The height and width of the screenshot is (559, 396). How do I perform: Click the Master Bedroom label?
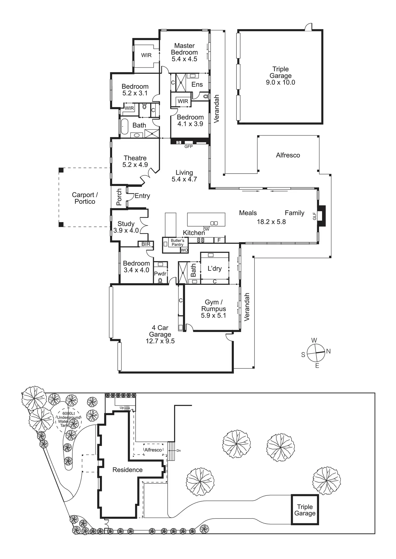pos(184,49)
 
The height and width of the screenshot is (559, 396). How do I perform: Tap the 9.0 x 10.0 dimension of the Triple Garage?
pos(280,83)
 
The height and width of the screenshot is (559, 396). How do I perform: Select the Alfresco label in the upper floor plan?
pos(288,155)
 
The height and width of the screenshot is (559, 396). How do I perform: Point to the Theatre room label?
pos(135,158)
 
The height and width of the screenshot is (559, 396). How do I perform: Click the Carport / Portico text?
pos(85,198)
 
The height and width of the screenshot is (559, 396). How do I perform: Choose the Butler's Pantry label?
pos(178,243)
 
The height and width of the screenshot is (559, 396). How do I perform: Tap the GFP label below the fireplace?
pos(188,147)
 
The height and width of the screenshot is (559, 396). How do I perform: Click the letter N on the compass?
pos(328,351)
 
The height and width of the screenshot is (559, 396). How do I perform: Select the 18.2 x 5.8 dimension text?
pos(271,222)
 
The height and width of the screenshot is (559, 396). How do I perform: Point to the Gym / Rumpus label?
pos(214,305)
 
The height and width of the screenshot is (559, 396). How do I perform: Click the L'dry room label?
pos(214,268)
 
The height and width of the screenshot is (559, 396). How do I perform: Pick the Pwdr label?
pos(160,274)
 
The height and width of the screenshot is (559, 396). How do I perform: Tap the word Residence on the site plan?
pos(128,470)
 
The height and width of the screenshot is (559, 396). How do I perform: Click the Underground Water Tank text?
pos(68,419)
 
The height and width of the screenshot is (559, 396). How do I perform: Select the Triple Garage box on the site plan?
pos(305,510)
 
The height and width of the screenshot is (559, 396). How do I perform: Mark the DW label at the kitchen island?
pos(206,229)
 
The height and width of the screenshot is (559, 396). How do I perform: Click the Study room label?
pos(126,224)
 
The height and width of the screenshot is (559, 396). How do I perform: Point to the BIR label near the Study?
pos(146,244)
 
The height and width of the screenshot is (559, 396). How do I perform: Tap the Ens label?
pos(197,84)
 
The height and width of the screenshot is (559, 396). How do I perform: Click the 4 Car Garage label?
pos(160,331)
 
